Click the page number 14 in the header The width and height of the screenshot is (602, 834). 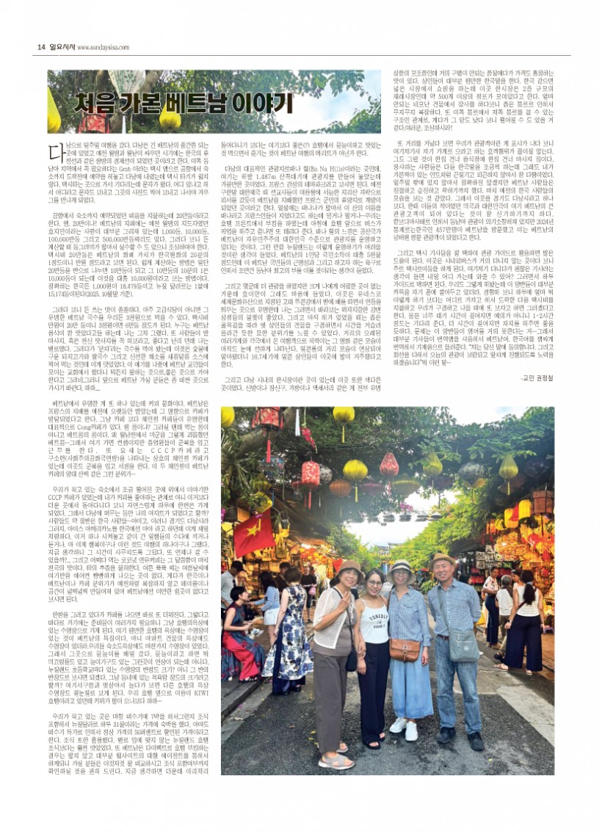41,46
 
